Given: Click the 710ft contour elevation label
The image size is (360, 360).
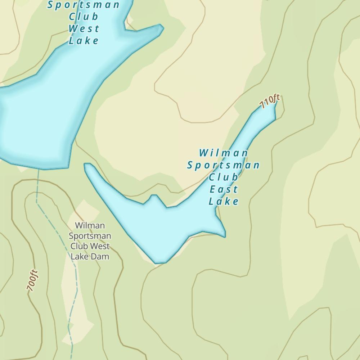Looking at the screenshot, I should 270,102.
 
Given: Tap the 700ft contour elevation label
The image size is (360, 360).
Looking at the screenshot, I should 32,280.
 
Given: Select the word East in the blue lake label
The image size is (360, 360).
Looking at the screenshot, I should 224,189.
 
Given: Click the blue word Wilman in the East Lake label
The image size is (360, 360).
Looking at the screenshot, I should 224,153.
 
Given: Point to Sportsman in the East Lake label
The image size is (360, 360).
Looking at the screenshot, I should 224,165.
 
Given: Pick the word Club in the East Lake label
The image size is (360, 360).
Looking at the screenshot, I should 224,177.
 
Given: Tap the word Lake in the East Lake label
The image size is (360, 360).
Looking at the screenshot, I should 224,201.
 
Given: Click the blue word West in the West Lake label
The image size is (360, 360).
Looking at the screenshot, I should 84,28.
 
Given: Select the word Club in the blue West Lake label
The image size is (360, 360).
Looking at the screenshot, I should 84,17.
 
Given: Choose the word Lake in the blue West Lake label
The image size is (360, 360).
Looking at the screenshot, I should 84,41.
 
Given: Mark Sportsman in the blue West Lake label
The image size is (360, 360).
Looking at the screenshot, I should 84,5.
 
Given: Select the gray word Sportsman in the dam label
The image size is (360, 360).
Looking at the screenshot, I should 90,236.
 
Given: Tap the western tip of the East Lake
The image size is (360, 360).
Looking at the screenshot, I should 86,165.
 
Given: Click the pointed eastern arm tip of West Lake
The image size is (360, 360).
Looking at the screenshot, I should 163,28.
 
